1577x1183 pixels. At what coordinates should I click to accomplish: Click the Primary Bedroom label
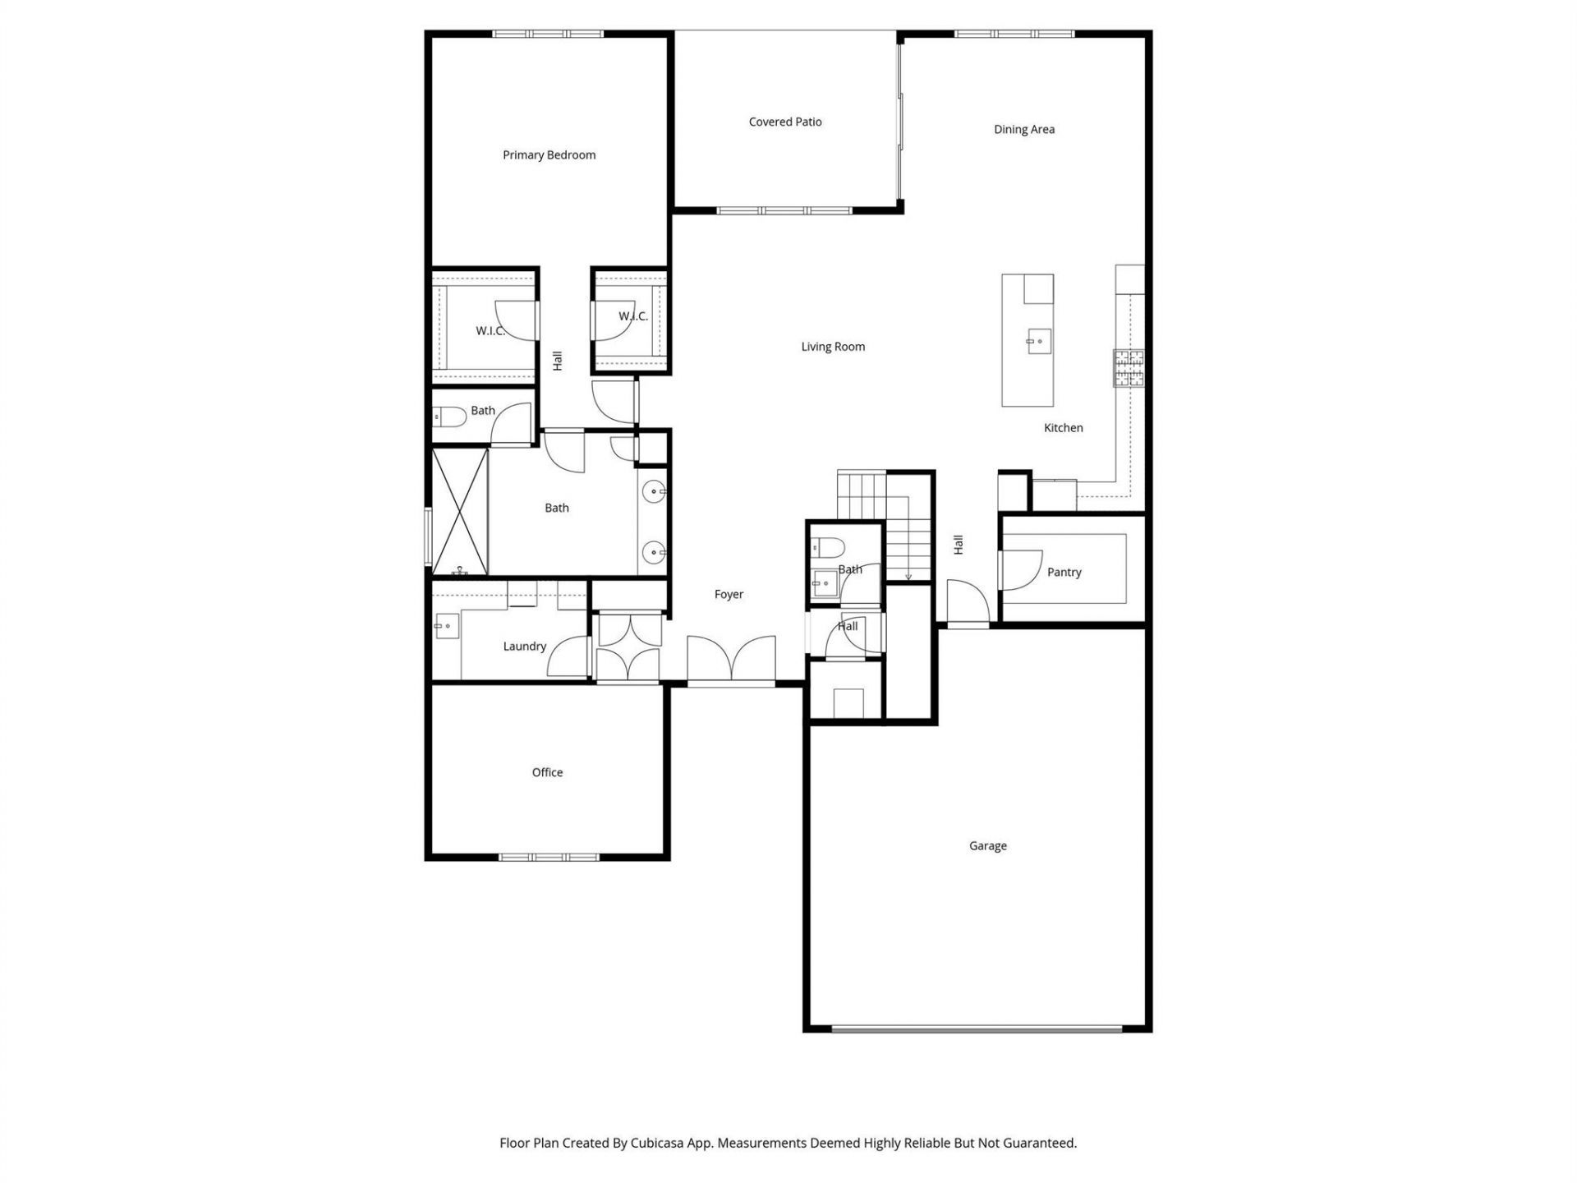[x=549, y=154]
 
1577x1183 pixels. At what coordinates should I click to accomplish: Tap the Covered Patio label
[x=784, y=122]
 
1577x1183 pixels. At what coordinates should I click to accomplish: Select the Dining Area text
[x=1023, y=129]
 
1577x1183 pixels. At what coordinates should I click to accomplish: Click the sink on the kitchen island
[x=1038, y=340]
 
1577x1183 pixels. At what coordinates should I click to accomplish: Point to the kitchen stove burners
[x=1128, y=367]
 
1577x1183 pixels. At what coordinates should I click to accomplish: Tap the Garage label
[x=987, y=845]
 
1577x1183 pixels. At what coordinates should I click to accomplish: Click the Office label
[x=547, y=772]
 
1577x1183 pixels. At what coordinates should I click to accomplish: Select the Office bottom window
[x=549, y=857]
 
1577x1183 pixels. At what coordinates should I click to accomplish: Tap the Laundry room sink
[x=447, y=626]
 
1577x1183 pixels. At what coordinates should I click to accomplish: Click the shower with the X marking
[x=460, y=510]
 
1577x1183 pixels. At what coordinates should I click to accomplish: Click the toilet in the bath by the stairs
[x=827, y=546]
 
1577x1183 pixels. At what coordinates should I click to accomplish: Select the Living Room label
[x=833, y=347]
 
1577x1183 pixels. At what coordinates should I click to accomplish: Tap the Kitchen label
[x=1063, y=427]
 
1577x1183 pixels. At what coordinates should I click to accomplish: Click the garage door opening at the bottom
[x=977, y=1028]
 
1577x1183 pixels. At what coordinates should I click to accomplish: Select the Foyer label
[x=729, y=594]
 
